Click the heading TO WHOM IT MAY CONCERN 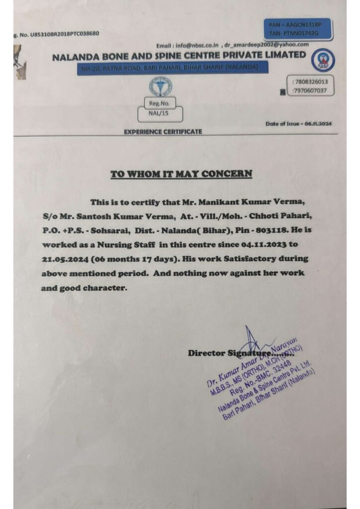click(181, 174)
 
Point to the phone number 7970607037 click(311, 90)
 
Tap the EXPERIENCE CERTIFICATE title click(163, 132)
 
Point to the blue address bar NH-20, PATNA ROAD click(173, 67)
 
